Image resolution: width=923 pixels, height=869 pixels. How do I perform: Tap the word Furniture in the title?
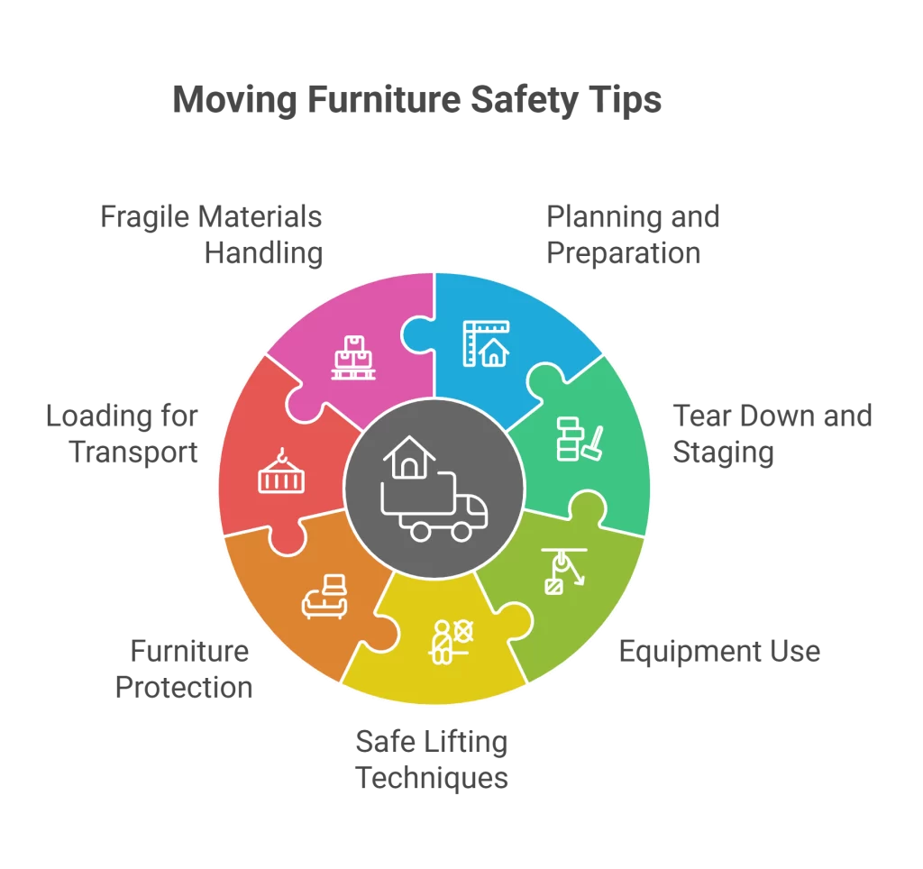(377, 99)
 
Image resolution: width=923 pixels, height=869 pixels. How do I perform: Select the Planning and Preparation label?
(633, 234)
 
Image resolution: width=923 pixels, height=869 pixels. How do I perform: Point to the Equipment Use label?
(719, 650)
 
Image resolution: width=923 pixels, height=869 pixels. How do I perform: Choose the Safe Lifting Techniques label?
(432, 760)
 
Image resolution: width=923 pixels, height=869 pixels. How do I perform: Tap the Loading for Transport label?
(122, 434)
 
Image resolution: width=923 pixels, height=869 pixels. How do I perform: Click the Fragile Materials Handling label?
(211, 234)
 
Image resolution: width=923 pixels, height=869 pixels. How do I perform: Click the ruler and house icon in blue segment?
(485, 343)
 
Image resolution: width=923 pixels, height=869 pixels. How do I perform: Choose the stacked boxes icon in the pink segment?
(354, 357)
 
